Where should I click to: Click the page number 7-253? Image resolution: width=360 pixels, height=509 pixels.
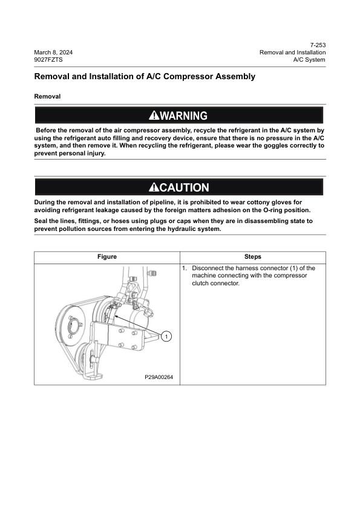318,45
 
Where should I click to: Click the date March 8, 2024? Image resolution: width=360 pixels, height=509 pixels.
53,53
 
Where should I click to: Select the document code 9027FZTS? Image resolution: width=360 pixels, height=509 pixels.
48,60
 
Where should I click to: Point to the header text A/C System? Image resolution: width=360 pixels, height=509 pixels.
309,60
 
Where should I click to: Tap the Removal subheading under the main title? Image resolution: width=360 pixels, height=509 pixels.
47,96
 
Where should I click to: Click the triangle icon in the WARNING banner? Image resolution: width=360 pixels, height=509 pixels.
154,115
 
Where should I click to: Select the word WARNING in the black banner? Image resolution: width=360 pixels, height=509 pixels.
184,115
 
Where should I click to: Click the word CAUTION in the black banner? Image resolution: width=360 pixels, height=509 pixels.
184,188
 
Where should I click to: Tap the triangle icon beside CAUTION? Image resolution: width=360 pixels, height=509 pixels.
154,188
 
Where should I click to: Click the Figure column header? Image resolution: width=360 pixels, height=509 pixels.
107,257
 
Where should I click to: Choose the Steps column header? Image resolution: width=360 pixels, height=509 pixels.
252,257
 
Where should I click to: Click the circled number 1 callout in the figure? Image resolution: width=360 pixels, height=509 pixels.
168,336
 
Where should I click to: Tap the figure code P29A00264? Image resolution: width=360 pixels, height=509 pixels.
159,377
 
